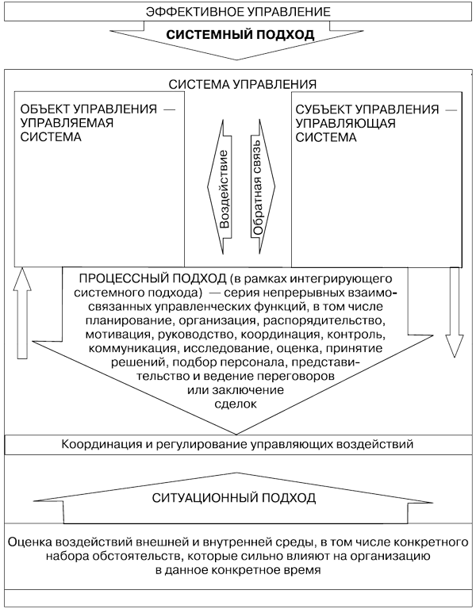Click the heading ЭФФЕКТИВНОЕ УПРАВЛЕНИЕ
click(x=238, y=11)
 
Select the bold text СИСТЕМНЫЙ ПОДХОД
click(x=240, y=35)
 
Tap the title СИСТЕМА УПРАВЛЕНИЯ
click(x=243, y=84)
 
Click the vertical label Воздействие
click(x=223, y=189)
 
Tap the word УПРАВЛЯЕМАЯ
click(x=67, y=123)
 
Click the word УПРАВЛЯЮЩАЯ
click(x=345, y=124)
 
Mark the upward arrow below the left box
click(x=22, y=312)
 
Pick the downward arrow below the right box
click(x=454, y=312)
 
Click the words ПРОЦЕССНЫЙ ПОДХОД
click(x=152, y=278)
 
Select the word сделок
click(x=236, y=404)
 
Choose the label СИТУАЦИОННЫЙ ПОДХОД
click(x=234, y=497)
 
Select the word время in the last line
click(x=301, y=570)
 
